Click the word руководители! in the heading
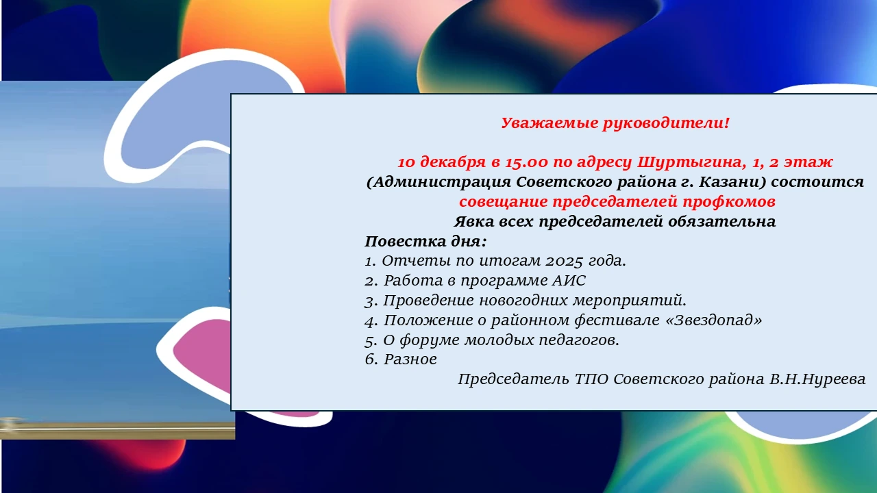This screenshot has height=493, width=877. pos(666,123)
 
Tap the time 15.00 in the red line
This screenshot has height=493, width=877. pos(526,162)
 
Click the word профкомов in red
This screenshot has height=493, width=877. pos(729,202)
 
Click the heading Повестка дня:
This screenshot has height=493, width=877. pos(425,242)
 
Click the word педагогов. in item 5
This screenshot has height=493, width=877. pos(579,340)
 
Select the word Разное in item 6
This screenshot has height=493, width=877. pos(410,359)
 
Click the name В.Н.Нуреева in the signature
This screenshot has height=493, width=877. pos(817,379)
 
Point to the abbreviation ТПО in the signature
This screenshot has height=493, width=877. pos(591,379)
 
